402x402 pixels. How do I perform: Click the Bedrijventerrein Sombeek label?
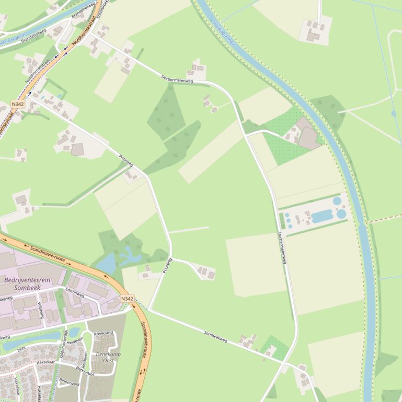(27, 283)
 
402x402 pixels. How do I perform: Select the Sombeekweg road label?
(215, 336)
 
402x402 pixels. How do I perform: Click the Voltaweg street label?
(41, 310)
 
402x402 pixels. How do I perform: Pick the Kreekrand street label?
(103, 333)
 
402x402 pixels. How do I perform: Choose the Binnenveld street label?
(69, 382)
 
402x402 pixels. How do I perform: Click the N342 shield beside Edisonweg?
(127, 299)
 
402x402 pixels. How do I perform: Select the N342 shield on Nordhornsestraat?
(17, 104)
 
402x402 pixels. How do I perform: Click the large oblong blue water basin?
(322, 216)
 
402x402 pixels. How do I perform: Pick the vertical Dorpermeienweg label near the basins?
(282, 247)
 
